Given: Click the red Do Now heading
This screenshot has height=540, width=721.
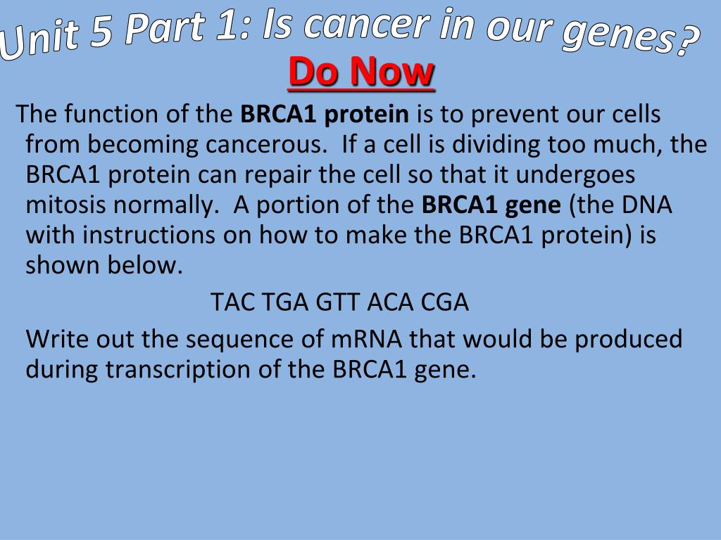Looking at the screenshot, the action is click(x=361, y=72).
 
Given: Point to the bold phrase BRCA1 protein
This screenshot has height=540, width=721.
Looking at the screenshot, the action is click(x=325, y=114).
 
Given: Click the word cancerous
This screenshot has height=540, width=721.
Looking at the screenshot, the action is click(x=265, y=144).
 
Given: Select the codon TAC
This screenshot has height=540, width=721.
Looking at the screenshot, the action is click(x=232, y=302).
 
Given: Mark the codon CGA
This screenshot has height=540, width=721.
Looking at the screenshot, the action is click(x=445, y=302).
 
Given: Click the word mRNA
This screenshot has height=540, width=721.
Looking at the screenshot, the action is click(x=366, y=339).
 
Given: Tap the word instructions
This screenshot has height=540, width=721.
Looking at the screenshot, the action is click(x=149, y=235).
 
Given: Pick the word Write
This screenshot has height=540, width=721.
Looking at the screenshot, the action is click(x=56, y=339).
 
